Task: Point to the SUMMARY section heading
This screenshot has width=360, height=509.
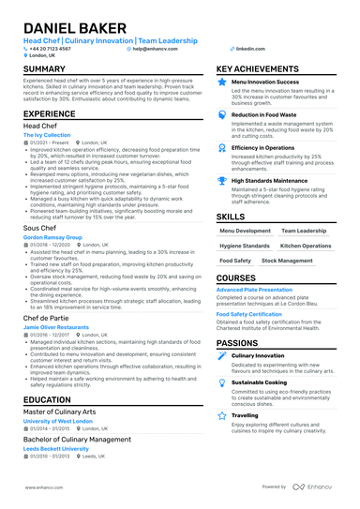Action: [44, 70]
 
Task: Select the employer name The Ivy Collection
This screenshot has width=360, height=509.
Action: [46, 136]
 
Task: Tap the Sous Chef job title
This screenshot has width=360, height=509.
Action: [40, 228]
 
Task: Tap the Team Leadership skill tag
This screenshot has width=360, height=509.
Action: [303, 231]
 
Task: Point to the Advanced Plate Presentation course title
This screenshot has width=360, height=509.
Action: [254, 291]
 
